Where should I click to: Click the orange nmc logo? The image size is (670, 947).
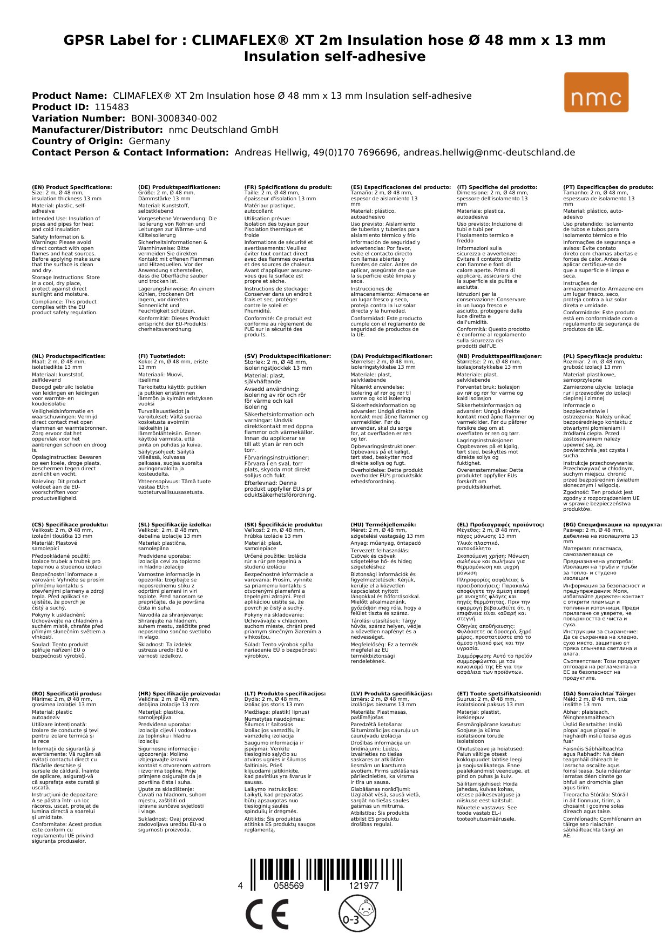(596, 92)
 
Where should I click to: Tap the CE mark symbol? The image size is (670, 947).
(267, 915)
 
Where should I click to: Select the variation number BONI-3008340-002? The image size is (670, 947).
(174, 118)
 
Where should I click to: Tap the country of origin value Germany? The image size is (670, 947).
(149, 141)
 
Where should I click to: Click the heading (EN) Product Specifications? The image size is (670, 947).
(72, 187)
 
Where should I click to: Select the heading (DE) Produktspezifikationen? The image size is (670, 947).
(179, 187)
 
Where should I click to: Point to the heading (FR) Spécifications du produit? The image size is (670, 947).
(288, 187)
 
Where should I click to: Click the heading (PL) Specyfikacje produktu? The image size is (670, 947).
(603, 356)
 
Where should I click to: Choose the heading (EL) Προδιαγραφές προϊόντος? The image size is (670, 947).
(500, 525)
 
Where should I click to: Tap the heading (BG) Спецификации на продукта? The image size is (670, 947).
(612, 525)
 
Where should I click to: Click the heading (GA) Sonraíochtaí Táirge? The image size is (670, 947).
(592, 694)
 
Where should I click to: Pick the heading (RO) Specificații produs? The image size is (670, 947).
(66, 694)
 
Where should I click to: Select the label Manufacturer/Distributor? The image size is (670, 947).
(97, 130)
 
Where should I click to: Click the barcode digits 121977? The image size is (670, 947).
(364, 886)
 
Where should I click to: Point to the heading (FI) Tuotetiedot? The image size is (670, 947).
(161, 356)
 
